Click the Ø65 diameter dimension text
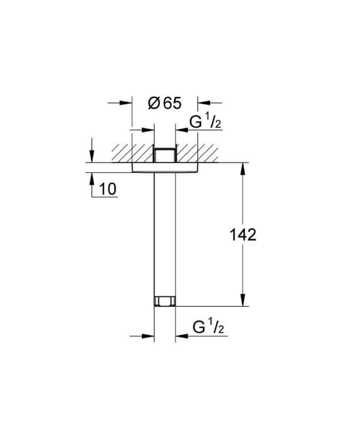164,103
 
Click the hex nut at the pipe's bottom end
164,301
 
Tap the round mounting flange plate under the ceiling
164,168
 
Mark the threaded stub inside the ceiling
164,154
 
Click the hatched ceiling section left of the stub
131,153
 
